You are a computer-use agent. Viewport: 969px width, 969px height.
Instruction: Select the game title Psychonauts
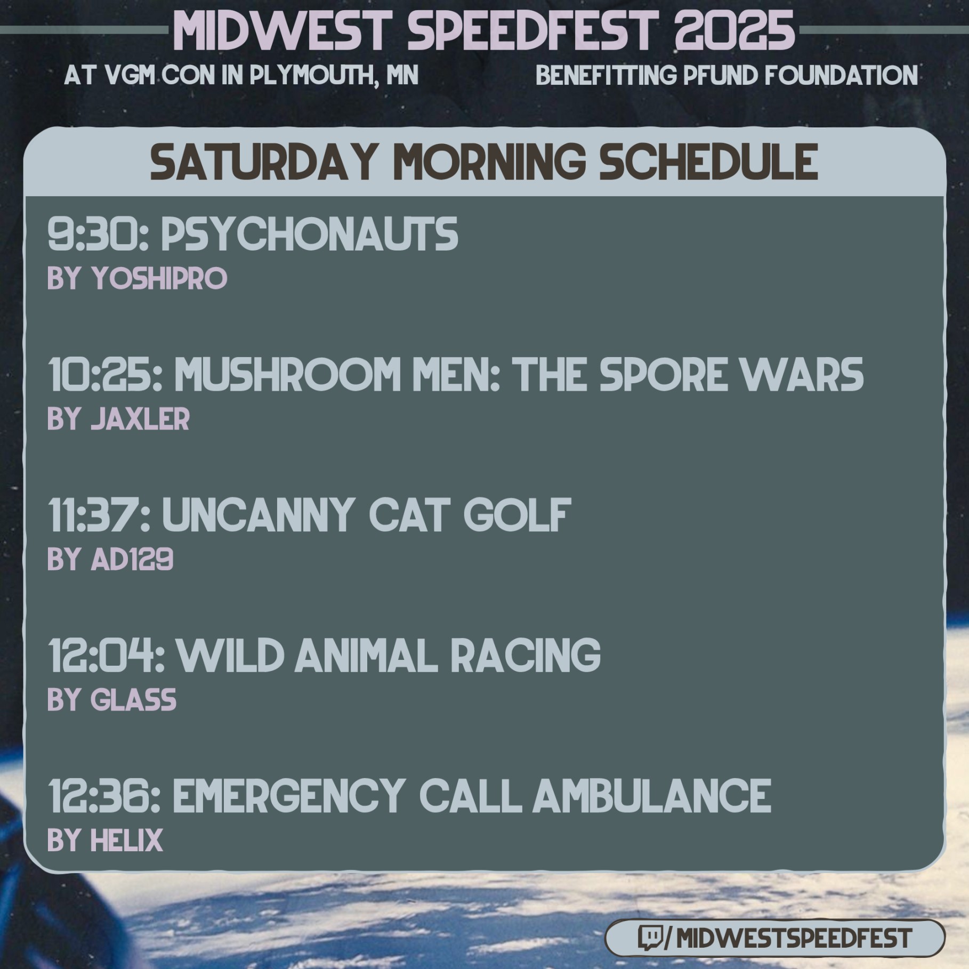click(309, 234)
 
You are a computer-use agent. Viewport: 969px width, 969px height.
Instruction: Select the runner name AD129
click(132, 559)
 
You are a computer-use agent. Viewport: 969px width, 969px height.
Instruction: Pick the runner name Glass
click(133, 699)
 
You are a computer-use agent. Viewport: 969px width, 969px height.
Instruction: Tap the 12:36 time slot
click(104, 795)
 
